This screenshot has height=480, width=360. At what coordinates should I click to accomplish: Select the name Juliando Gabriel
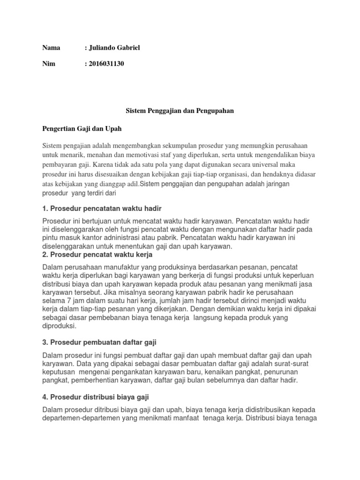[113, 47]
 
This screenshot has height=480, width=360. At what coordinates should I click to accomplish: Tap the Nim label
[49, 64]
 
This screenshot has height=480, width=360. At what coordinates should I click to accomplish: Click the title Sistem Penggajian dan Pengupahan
[180, 111]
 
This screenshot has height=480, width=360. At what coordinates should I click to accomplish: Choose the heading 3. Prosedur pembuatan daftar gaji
[102, 342]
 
